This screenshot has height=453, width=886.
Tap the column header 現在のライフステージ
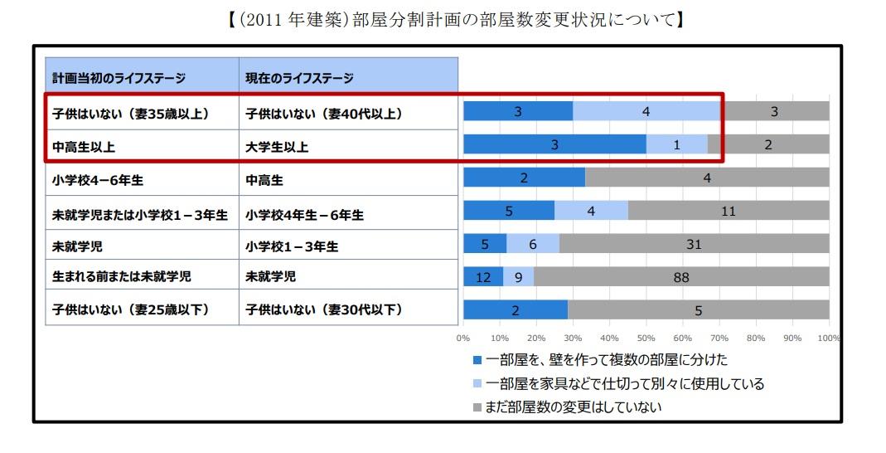click(299, 79)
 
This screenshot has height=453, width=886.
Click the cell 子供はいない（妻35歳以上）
click(130, 114)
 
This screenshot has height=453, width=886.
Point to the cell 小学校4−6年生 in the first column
click(93, 178)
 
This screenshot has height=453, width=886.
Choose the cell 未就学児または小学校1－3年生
click(140, 213)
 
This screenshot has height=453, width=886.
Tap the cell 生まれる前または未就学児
click(121, 277)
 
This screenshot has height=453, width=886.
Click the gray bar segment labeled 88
click(681, 278)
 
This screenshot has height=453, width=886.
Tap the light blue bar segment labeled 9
click(518, 278)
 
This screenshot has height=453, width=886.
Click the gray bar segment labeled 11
click(729, 212)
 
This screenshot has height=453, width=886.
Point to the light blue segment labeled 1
click(676, 144)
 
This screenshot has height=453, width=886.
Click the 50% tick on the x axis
click(646, 339)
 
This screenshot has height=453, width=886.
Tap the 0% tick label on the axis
click(463, 339)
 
